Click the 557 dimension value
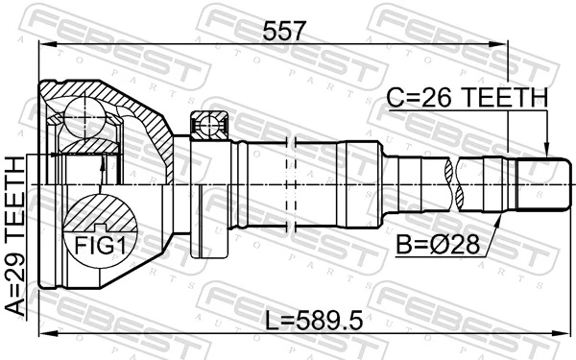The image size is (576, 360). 285,31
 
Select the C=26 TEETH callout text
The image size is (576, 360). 467,97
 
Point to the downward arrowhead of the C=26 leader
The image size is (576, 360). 546,150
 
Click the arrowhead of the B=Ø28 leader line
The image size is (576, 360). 500,219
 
